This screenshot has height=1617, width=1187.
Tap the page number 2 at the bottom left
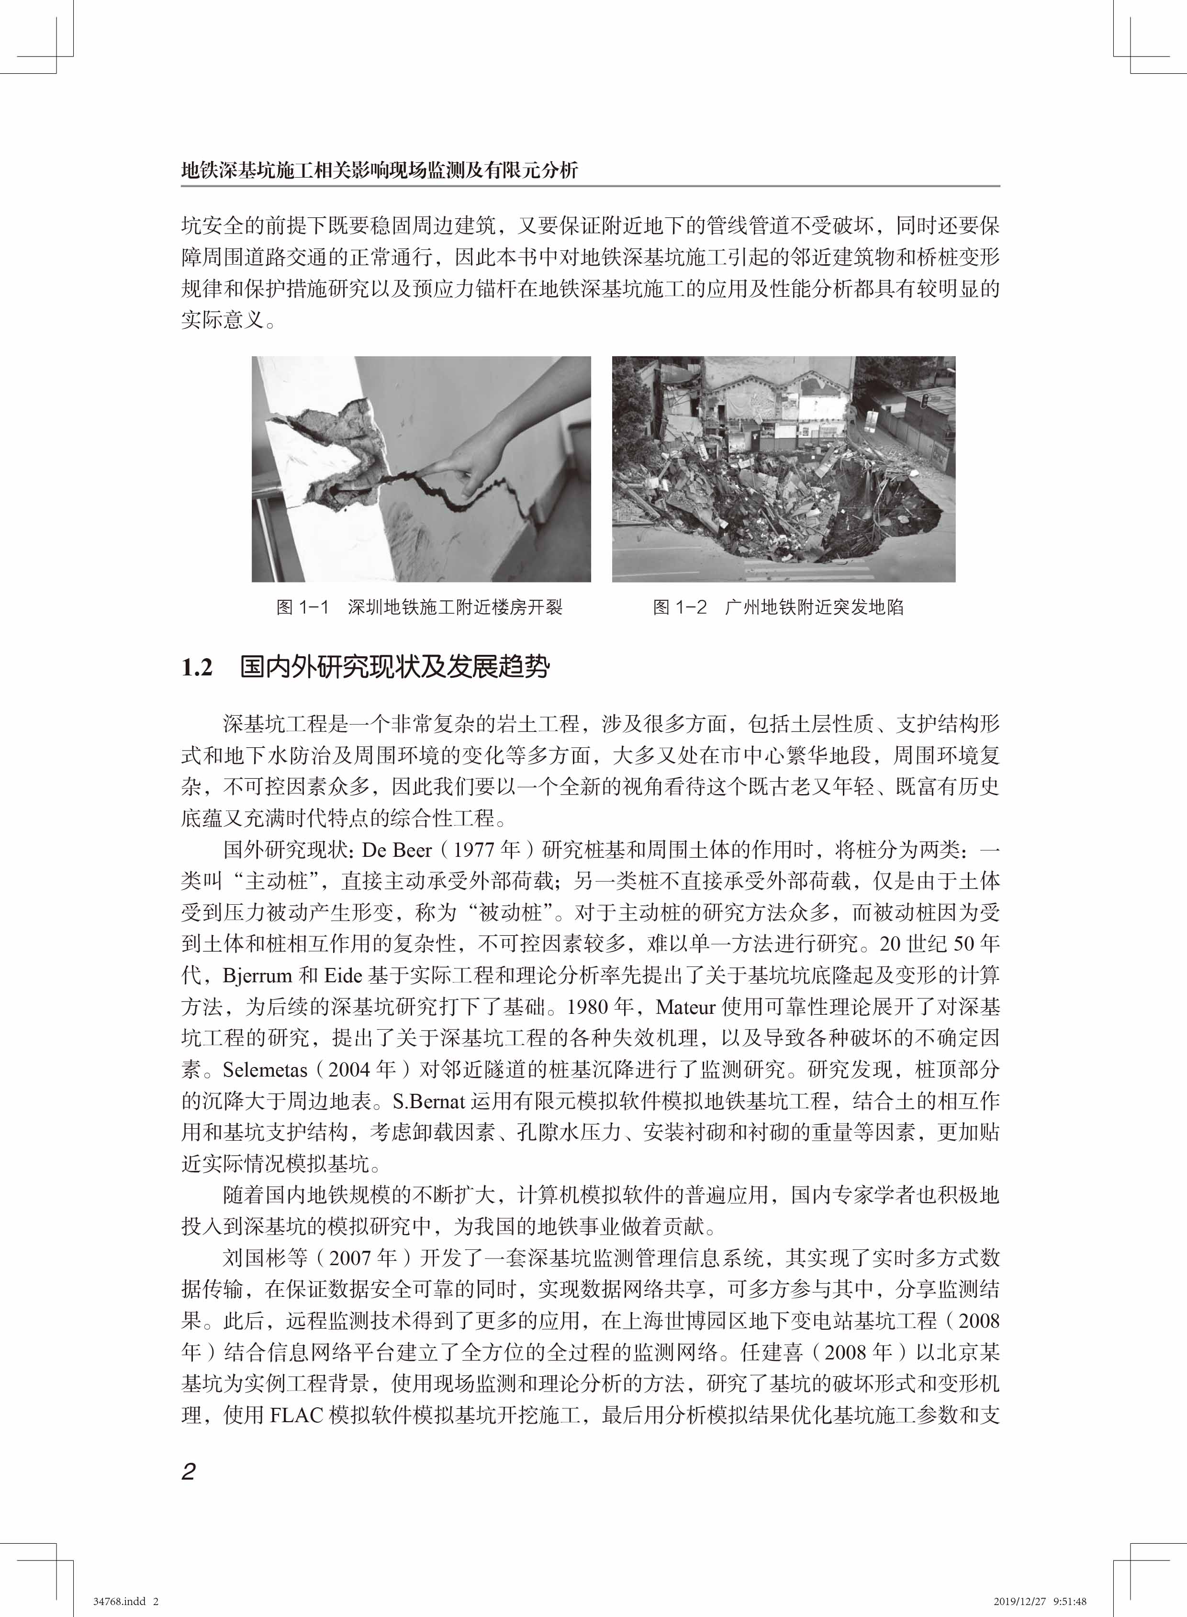click(188, 1471)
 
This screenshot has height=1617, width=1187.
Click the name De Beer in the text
click(397, 850)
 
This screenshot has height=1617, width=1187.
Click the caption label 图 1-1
click(302, 607)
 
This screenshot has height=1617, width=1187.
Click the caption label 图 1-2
click(680, 607)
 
